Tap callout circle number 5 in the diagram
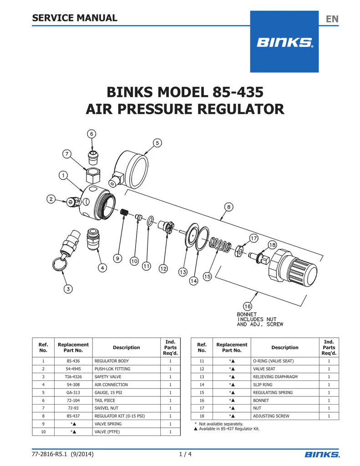pyautogui.click(x=157, y=143)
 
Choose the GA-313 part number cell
pyautogui.click(x=73, y=392)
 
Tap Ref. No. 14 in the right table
pyautogui.click(x=202, y=385)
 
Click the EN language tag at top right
pyautogui.click(x=332, y=19)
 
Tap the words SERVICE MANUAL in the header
pyautogui.click(x=75, y=18)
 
